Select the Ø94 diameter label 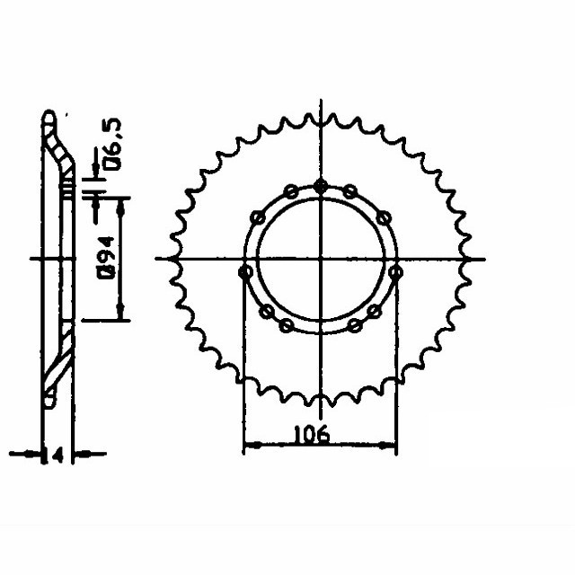click(106, 259)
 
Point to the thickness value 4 click(57, 456)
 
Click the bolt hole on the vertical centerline click(321, 186)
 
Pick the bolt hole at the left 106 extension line click(244, 271)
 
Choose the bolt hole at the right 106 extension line click(396, 271)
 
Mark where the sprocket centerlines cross click(321, 259)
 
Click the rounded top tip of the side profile click(48, 117)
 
